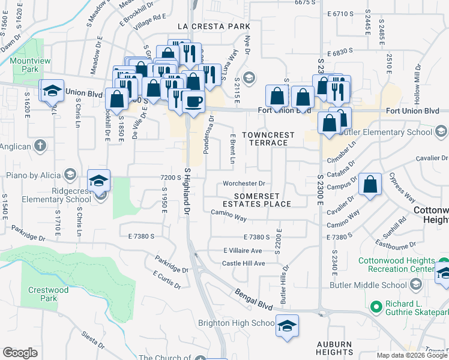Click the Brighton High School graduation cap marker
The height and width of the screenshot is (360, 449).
(x=288, y=325)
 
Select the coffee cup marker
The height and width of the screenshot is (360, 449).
(x=193, y=101)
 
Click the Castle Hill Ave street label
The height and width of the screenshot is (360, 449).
(x=244, y=263)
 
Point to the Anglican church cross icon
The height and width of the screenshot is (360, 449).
(x=40, y=145)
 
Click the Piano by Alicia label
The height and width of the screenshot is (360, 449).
(x=32, y=175)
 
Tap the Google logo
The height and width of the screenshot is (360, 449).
(x=20, y=353)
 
